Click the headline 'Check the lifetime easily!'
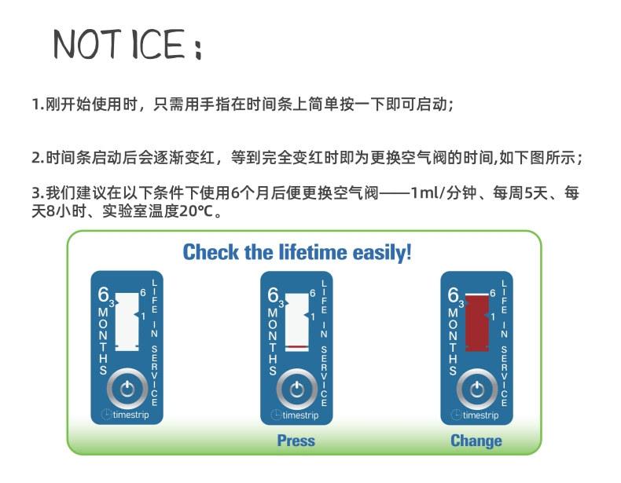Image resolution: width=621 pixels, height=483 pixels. pos(297,253)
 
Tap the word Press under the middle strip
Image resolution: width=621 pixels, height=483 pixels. pos(296,441)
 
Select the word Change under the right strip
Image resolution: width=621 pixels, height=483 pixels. pos(476,441)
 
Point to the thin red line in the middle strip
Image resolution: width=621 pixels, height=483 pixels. pos(296,346)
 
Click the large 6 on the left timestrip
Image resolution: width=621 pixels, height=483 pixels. pos(102,295)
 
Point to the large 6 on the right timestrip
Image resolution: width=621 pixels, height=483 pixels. pos(453,295)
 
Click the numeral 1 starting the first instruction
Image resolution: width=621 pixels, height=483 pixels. pos(35,104)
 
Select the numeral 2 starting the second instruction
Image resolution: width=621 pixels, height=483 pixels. pos(35,157)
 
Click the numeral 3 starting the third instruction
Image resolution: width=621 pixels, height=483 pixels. pos(35,193)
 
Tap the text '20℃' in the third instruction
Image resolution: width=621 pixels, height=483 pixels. pos(191,211)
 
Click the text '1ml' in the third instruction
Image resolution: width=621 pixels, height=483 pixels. pos(426,193)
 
